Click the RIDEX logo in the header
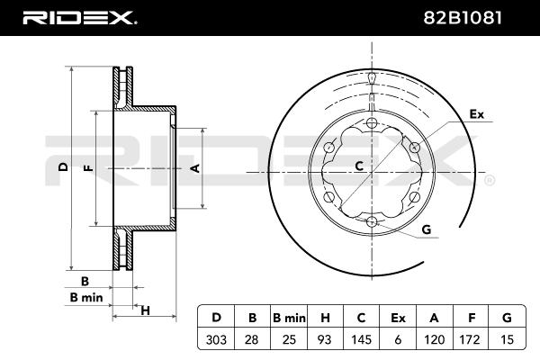(79, 18)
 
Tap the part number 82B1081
(463, 18)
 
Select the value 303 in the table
(216, 339)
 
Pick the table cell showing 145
(361, 339)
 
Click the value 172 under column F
(470, 339)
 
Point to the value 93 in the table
(324, 339)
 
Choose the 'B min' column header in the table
(289, 318)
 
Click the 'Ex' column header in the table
(398, 318)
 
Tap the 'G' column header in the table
(507, 318)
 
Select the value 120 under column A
(434, 339)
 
